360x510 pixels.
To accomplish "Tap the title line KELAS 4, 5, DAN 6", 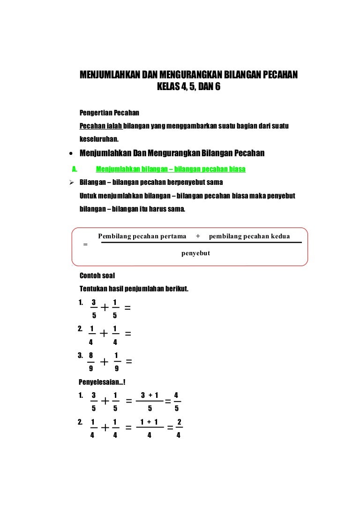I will [x=188, y=88].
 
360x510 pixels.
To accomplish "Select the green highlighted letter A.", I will [x=74, y=169].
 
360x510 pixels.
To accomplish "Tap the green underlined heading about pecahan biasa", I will [x=171, y=169].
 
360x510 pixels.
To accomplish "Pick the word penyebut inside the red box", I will [x=195, y=253].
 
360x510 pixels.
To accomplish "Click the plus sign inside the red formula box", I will [x=198, y=236].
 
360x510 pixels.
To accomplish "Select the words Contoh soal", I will [x=97, y=275].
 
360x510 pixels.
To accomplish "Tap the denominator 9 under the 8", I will [x=91, y=369].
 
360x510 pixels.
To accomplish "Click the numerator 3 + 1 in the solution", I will [x=150, y=395].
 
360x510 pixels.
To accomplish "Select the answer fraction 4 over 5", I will [x=176, y=402].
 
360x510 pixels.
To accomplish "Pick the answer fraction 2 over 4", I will [x=179, y=428].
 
